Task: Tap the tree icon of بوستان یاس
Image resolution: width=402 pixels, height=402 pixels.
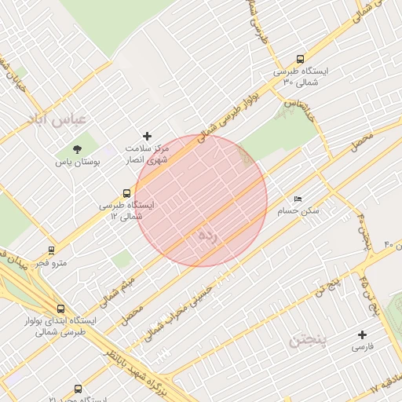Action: (76, 148)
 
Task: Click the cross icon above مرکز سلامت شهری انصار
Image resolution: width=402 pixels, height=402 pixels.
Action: (147, 137)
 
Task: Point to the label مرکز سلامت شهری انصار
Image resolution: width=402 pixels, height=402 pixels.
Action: (147, 153)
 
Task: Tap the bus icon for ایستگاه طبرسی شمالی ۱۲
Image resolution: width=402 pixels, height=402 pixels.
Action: (127, 193)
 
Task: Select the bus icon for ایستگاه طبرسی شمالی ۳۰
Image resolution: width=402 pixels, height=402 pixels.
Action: (300, 59)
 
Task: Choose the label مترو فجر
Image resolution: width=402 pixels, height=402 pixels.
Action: (51, 263)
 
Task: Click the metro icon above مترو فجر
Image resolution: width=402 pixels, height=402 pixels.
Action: (51, 251)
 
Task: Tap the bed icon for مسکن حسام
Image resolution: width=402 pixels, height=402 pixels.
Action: (298, 199)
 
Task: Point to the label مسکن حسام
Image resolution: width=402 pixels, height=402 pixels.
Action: (298, 211)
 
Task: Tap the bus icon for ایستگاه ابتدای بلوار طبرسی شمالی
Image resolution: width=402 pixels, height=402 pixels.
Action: (60, 309)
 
